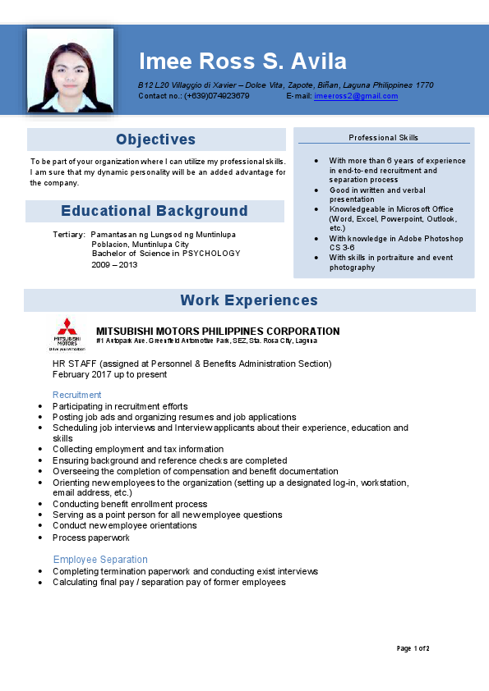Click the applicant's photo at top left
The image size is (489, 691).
pyautogui.click(x=71, y=71)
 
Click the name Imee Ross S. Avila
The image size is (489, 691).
pyautogui.click(x=242, y=62)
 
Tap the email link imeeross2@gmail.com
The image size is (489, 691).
pyautogui.click(x=356, y=96)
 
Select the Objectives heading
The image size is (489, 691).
pyautogui.click(x=155, y=140)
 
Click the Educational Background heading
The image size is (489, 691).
pyautogui.click(x=155, y=211)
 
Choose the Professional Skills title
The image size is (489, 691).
pyautogui.click(x=383, y=138)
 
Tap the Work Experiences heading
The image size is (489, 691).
pyautogui.click(x=249, y=300)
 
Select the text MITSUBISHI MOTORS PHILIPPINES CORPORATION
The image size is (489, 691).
pyautogui.click(x=218, y=332)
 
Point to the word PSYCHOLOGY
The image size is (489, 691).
pyautogui.click(x=211, y=254)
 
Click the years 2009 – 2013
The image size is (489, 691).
pyautogui.click(x=114, y=265)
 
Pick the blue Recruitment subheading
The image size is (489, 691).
pyautogui.click(x=77, y=395)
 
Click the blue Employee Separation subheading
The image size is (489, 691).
pyautogui.click(x=100, y=560)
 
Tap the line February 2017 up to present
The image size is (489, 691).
pyautogui.click(x=109, y=374)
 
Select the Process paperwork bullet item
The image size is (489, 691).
pyautogui.click(x=91, y=538)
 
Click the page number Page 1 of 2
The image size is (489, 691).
pyautogui.click(x=413, y=648)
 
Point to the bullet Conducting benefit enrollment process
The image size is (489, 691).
pyautogui.click(x=130, y=504)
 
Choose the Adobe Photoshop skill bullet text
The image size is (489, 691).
pyautogui.click(x=396, y=243)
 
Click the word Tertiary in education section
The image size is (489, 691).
pyautogui.click(x=68, y=235)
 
